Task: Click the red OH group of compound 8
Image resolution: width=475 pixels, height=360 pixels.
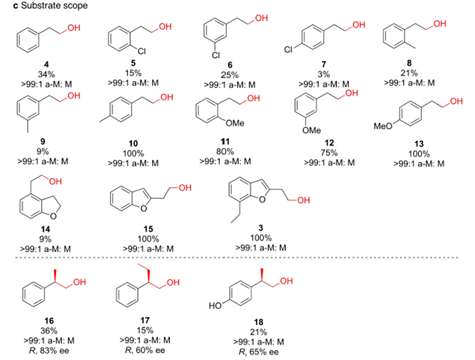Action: pyautogui.click(x=440, y=24)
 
